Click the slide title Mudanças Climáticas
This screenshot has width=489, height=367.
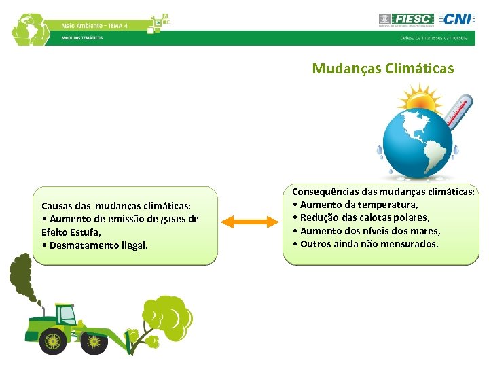[382, 69]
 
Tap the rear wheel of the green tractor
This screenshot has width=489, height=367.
[53, 340]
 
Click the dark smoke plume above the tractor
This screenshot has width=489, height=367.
[20, 279]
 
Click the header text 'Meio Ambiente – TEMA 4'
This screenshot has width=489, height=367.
[94, 25]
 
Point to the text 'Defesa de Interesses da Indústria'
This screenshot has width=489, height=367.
[433, 38]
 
